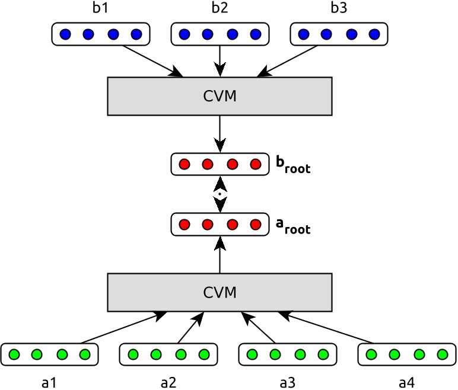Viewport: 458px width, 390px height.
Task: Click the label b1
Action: (101, 9)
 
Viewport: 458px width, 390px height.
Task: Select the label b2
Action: (220, 9)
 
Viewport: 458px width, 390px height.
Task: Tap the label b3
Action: (338, 9)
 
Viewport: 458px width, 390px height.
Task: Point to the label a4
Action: (406, 382)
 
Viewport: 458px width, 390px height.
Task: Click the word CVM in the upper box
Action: (220, 96)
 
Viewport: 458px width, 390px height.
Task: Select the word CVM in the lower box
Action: (220, 292)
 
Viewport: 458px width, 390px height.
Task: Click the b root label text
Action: (292, 165)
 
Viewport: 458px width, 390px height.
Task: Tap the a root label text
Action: (292, 225)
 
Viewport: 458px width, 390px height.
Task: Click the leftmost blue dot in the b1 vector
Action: (65, 34)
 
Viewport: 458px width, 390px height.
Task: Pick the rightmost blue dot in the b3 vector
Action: (374, 34)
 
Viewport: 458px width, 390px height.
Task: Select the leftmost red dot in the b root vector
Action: (184, 164)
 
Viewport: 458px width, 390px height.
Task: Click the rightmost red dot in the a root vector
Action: (256, 225)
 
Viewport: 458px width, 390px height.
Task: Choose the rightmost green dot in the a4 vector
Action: (441, 355)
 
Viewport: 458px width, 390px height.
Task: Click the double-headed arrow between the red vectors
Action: (220, 194)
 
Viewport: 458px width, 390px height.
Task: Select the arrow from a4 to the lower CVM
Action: (326, 327)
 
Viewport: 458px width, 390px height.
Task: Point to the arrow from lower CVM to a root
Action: (220, 255)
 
